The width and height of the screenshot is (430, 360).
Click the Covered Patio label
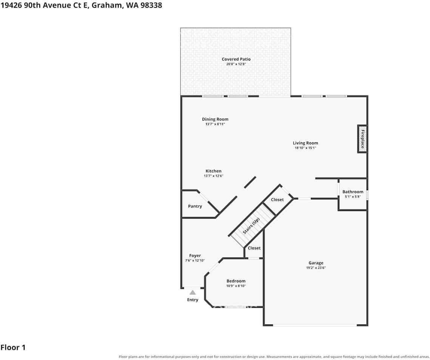coord(236,59)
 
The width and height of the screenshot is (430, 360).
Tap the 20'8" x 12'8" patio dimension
coord(236,64)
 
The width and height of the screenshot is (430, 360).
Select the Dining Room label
coord(215,119)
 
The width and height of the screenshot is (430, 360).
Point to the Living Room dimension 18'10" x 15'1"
coord(306,148)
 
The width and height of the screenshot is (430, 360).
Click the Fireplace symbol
coord(362,139)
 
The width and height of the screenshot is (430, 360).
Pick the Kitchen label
coord(213,171)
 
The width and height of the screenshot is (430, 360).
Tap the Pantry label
coord(195,206)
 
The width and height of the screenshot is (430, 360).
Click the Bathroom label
coord(353,192)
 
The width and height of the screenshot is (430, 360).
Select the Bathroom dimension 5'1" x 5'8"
coord(353,197)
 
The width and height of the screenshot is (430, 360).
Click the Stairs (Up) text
coord(251,226)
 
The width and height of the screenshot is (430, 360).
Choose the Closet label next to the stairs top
coord(277,200)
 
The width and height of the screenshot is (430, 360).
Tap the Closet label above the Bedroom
coord(254,248)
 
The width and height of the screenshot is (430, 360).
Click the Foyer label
coord(195,256)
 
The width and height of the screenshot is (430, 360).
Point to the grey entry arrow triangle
coord(193,293)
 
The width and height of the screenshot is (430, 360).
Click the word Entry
coord(192,300)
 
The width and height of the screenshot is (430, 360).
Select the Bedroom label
coord(236,281)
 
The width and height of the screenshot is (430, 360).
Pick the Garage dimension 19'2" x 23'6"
coord(316,268)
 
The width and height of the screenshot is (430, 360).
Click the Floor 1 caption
coord(13,348)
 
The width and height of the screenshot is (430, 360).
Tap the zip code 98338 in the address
coord(151,5)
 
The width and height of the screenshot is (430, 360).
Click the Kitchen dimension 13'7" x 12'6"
coord(213,176)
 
